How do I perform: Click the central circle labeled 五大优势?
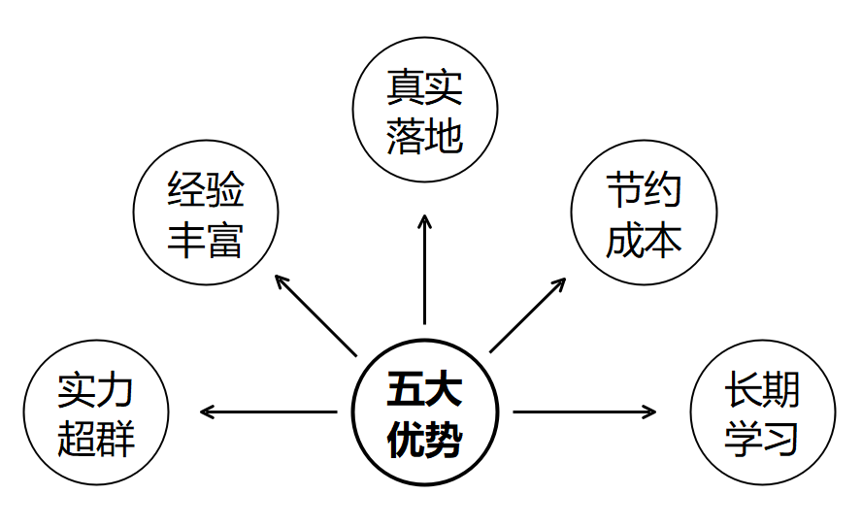[x=424, y=412]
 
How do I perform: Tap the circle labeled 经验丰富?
[x=205, y=214]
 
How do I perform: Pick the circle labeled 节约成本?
[x=644, y=214]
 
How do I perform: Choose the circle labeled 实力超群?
[x=96, y=413]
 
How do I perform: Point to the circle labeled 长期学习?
[x=762, y=413]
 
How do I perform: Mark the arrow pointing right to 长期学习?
[x=584, y=412]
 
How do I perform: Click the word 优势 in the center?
[x=424, y=440]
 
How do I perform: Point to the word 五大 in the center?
[x=424, y=389]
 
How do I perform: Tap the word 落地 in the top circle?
[x=424, y=137]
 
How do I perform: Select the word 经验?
[x=205, y=190]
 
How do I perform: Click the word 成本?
[x=644, y=240]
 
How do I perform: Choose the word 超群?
[x=96, y=439]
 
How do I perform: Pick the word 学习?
[x=762, y=439]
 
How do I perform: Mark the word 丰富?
[x=205, y=240]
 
